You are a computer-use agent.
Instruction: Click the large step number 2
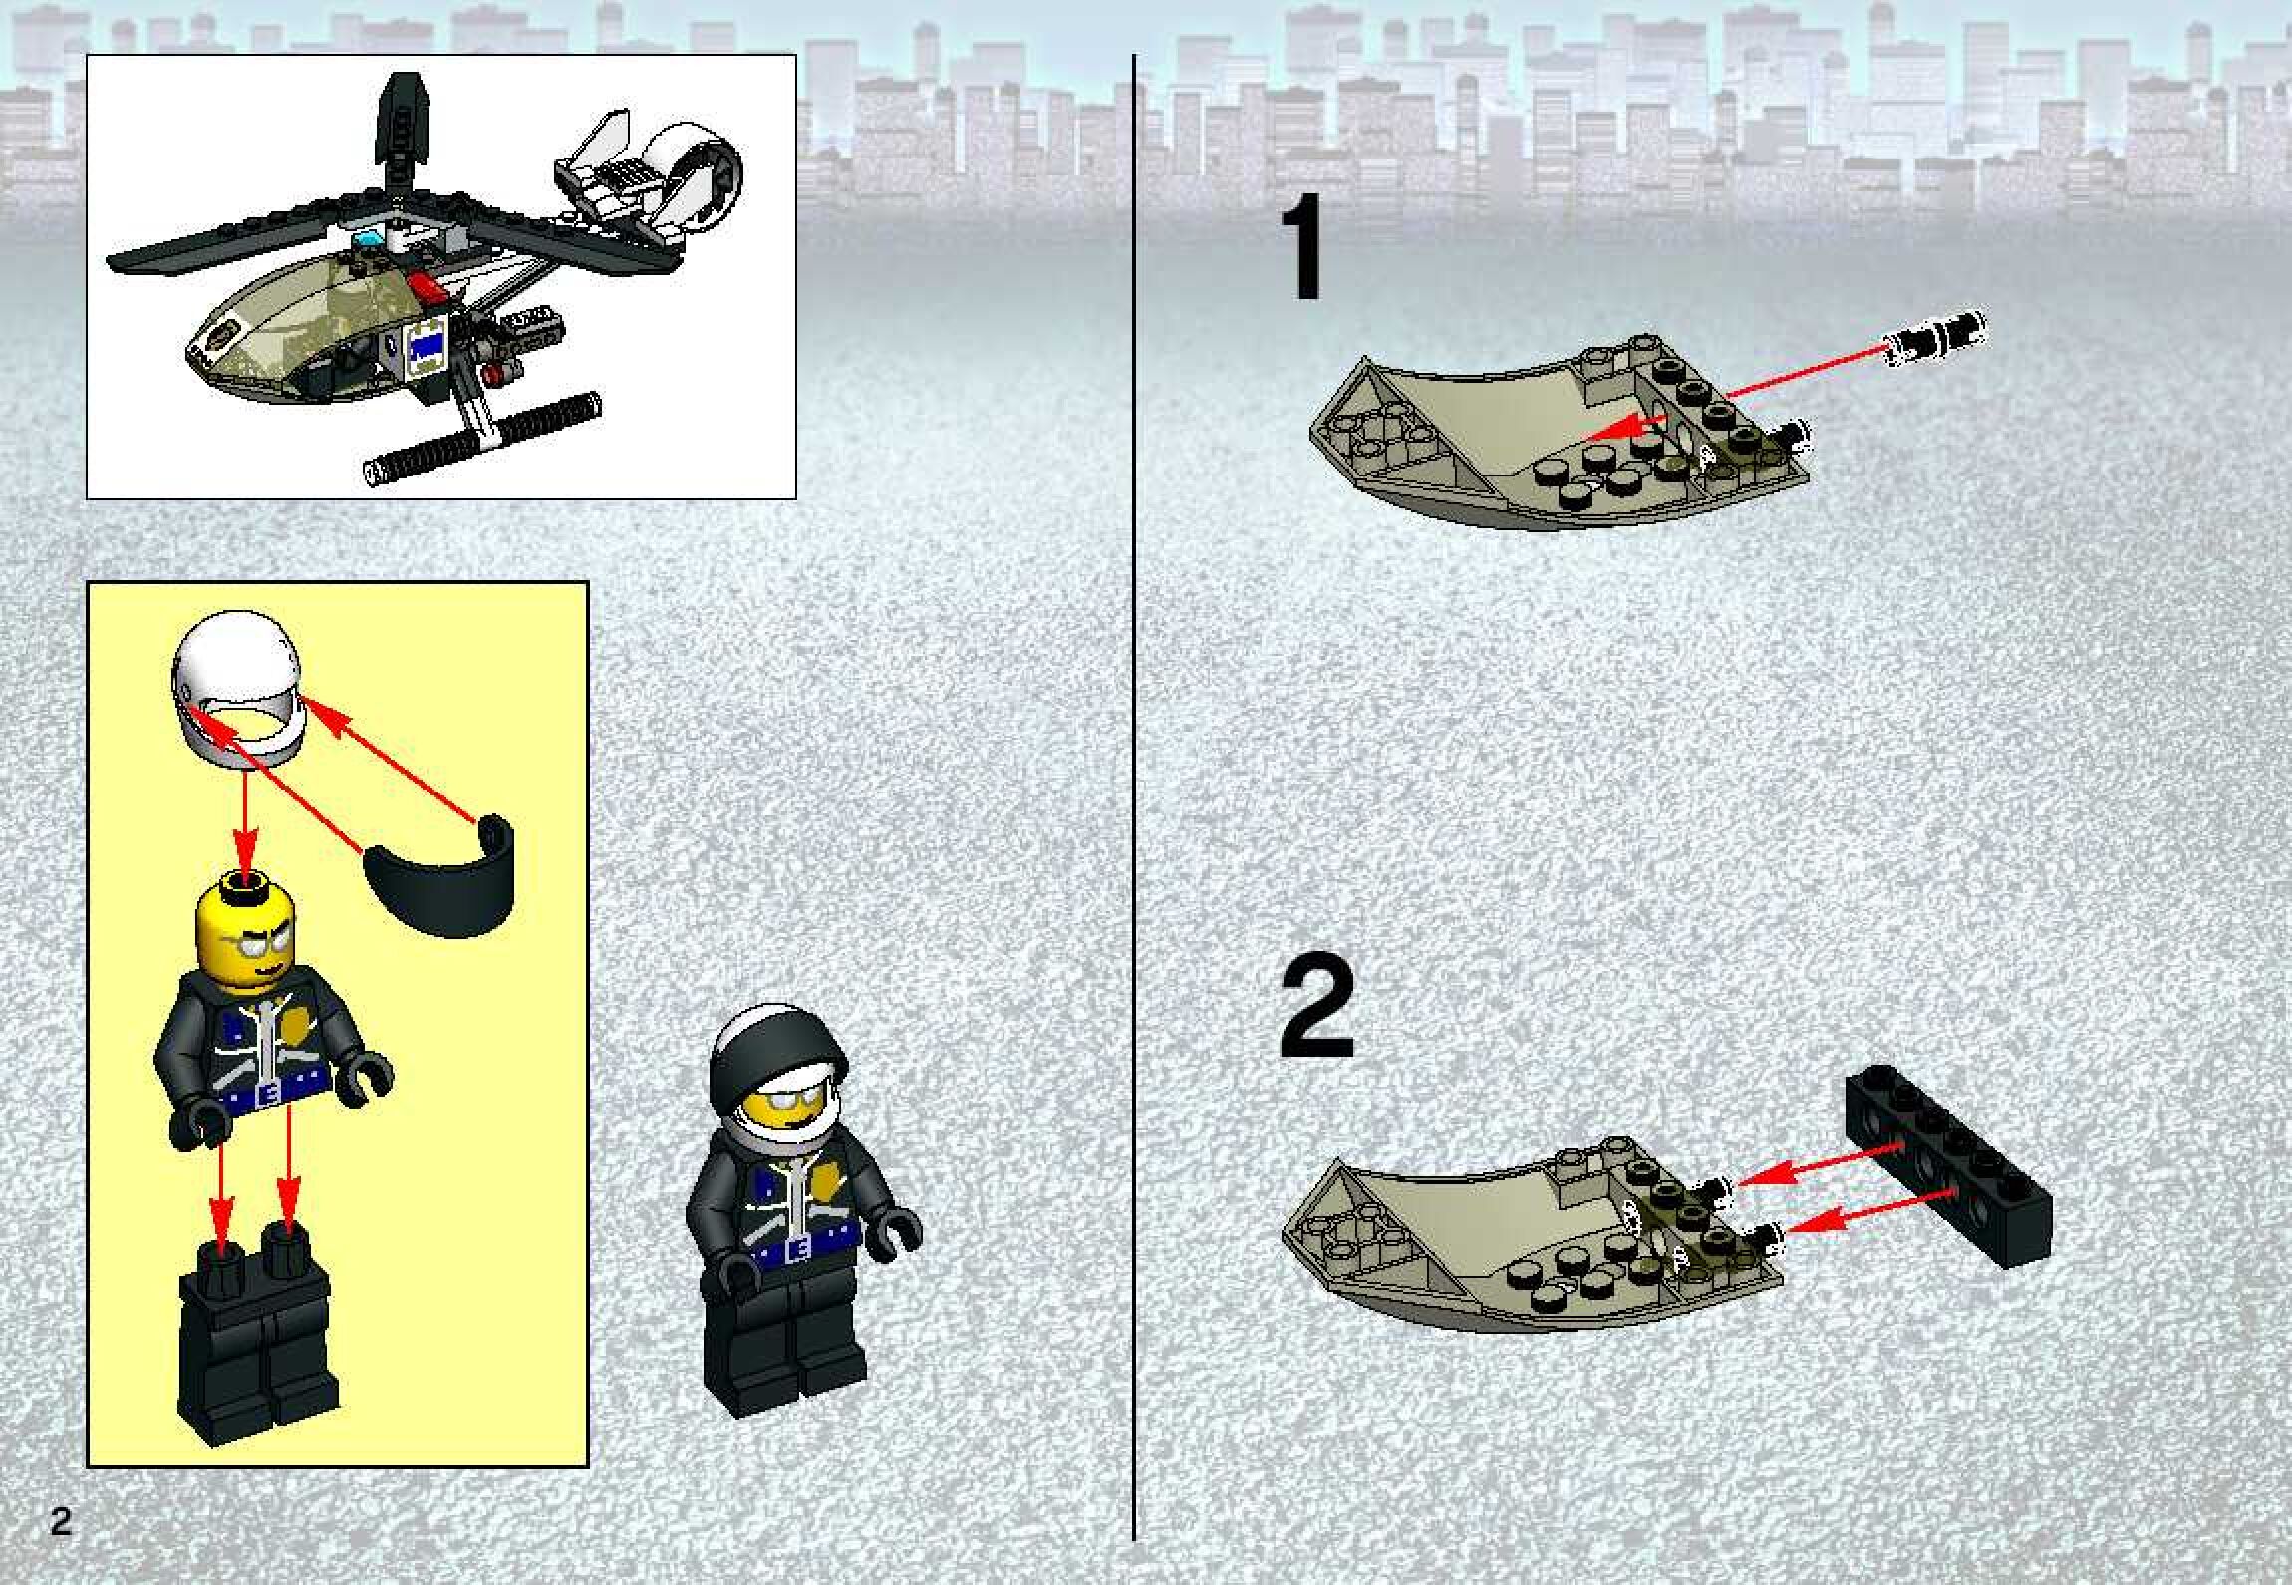click(1316, 1009)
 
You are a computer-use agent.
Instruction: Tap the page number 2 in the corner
click(61, 1523)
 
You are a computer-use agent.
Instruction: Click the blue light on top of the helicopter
click(368, 240)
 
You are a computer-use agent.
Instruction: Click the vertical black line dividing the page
click(1135, 797)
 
